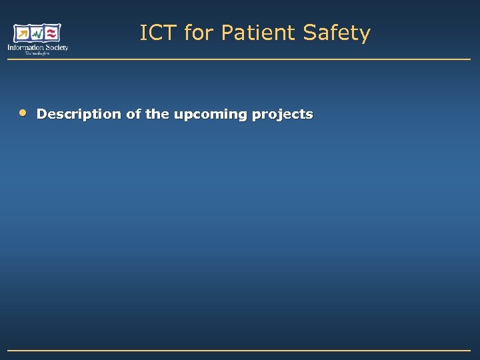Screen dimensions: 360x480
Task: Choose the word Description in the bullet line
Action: [79, 115]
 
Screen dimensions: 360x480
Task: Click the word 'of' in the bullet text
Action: [133, 114]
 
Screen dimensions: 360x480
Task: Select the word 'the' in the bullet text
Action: [157, 114]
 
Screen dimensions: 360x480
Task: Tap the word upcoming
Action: [211, 115]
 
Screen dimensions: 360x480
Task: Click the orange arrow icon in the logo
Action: [22, 33]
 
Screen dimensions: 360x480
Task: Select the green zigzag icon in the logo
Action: [37, 33]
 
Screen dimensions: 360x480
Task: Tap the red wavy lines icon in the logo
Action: [53, 33]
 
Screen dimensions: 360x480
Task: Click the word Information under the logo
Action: [24, 47]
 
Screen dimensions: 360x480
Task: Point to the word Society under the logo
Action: [55, 47]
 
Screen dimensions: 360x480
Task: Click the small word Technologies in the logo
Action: [37, 53]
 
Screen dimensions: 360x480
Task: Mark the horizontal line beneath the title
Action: [240, 60]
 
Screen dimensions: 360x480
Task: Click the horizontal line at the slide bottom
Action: [240, 350]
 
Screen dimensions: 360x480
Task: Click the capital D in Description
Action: [42, 114]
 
